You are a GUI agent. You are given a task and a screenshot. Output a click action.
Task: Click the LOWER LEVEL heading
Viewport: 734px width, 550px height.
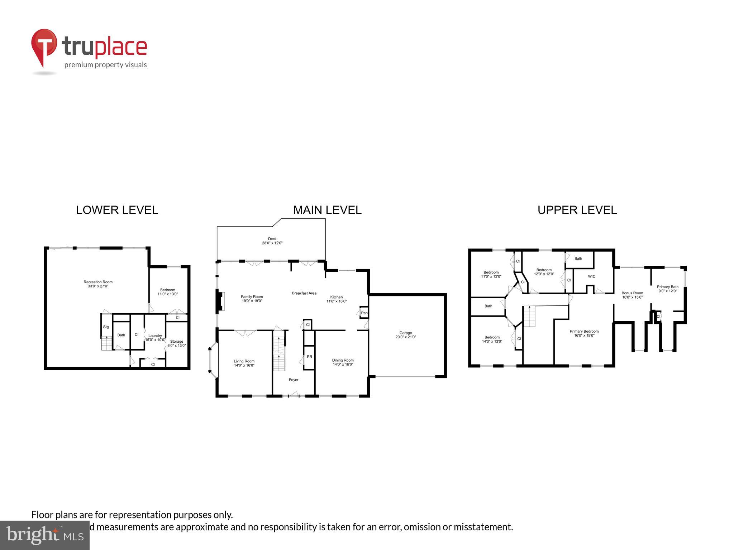point(117,210)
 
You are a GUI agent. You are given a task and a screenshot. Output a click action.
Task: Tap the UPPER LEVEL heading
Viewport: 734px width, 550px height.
point(577,210)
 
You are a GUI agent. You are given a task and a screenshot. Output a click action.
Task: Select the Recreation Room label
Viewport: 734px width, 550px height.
point(98,284)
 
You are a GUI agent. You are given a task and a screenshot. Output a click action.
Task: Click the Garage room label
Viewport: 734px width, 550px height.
point(406,335)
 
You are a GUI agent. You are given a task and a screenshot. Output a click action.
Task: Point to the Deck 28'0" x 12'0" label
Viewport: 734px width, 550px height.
point(272,241)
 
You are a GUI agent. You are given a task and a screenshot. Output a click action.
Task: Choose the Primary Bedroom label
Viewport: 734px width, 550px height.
point(584,333)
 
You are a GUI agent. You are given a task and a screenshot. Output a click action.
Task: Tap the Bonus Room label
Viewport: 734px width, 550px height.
point(632,295)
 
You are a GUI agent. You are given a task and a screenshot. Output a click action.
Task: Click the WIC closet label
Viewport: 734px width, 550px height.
point(592,276)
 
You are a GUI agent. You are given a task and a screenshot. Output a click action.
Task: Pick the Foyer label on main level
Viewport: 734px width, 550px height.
point(294,380)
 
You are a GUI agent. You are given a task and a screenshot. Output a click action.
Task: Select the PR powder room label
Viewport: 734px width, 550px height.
point(309,357)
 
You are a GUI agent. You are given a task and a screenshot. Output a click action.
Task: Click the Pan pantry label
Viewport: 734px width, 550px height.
point(364,313)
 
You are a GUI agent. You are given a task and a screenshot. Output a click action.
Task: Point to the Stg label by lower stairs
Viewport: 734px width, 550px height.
point(106,327)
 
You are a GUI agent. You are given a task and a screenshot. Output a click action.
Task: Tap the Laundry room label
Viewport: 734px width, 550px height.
point(155,338)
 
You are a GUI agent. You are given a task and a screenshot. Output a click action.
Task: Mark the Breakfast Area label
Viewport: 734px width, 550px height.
point(304,293)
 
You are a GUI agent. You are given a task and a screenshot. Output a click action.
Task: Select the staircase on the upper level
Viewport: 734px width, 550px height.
point(529,317)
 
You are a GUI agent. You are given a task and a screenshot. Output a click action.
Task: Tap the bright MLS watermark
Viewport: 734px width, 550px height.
point(45,535)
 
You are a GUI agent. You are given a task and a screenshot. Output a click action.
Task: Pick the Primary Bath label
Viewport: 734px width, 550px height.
point(667,289)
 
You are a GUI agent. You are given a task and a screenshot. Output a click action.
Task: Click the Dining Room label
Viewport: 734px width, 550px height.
point(343,362)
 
